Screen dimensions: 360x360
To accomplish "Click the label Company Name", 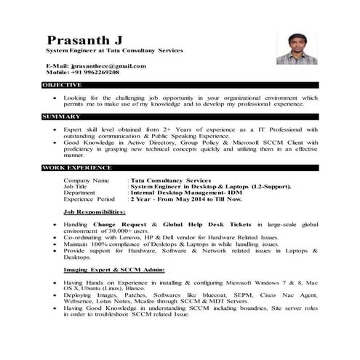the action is coord(87,180).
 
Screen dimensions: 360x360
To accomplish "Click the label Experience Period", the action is coord(89,199).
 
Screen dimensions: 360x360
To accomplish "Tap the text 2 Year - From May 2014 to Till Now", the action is coord(185,199).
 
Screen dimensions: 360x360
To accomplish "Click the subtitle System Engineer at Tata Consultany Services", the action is coord(115,50).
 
